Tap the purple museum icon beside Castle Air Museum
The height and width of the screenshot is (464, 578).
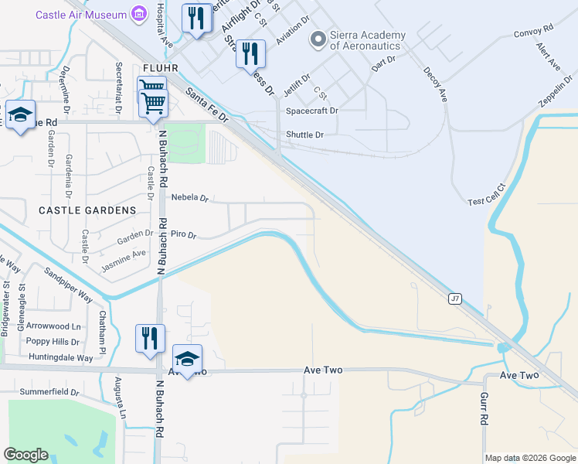tap(139, 13)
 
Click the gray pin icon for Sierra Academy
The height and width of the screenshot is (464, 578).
tap(317, 38)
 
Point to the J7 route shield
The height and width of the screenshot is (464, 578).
tap(454, 298)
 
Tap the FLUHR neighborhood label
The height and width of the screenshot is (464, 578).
tap(159, 68)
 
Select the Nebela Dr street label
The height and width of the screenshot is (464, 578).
tap(190, 198)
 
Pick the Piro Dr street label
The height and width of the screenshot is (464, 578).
tap(184, 234)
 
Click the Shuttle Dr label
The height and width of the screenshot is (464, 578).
tap(304, 135)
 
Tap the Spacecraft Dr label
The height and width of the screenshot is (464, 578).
tap(312, 111)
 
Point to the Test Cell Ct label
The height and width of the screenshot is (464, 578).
tap(486, 193)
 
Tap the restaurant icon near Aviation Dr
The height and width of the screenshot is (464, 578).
tap(250, 53)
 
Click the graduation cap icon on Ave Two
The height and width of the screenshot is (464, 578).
tap(187, 359)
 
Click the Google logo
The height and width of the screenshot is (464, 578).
tap(25, 455)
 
